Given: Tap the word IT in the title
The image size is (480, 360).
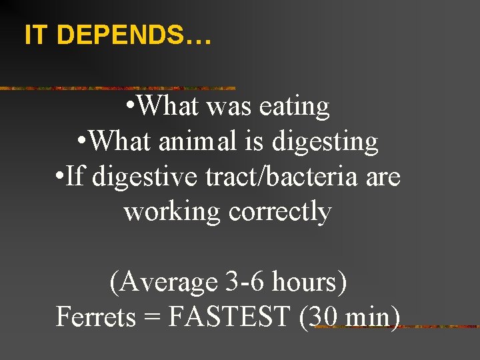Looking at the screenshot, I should pyautogui.click(x=37, y=35).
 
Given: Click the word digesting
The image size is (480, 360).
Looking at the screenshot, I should pyautogui.click(x=327, y=141).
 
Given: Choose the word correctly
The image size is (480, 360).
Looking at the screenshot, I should pyautogui.click(x=280, y=212).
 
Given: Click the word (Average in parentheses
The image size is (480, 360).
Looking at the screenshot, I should pyautogui.click(x=163, y=283).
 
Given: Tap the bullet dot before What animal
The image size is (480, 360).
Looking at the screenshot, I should pyautogui.click(x=80, y=143).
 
